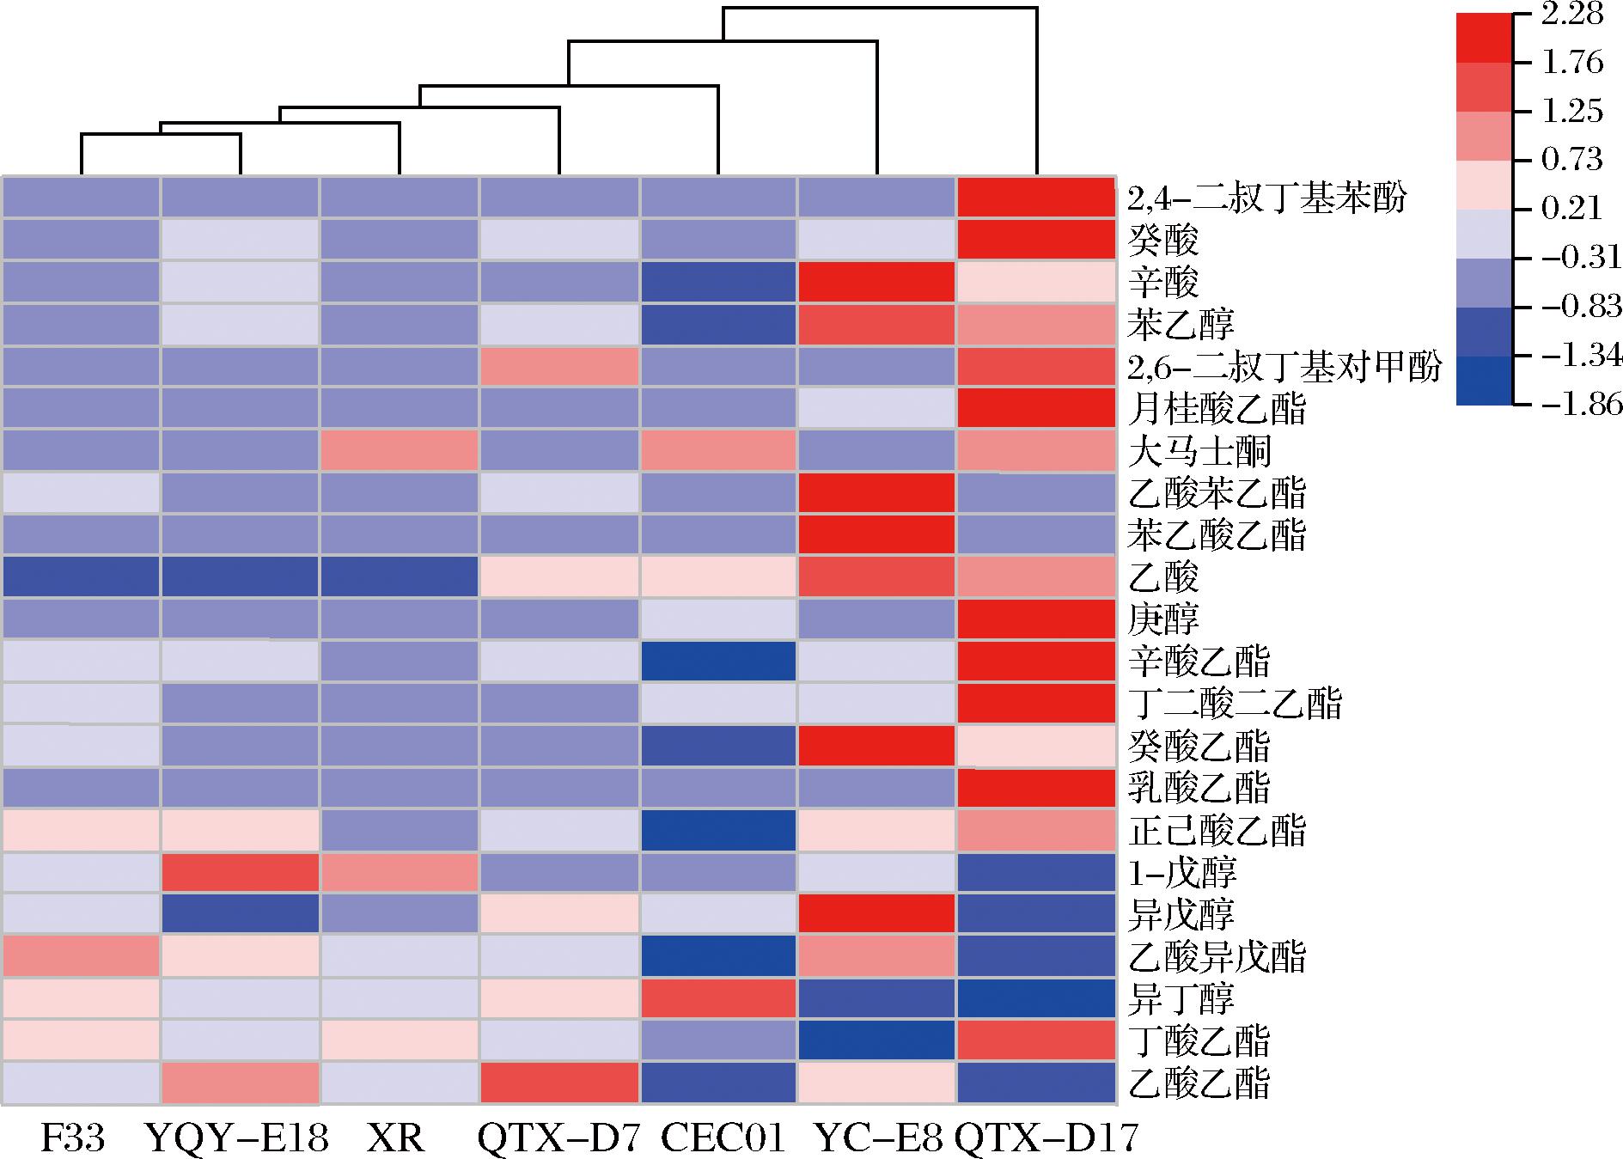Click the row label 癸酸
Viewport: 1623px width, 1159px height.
(1163, 241)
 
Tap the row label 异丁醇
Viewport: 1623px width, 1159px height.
(1181, 999)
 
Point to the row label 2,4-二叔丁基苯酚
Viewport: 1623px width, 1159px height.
(1266, 198)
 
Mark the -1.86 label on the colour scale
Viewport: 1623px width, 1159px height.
(1579, 404)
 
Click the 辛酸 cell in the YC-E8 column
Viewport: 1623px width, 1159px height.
(877, 282)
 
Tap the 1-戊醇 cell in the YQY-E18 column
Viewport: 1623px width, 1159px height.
(240, 872)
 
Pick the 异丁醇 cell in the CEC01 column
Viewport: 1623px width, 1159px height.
(718, 998)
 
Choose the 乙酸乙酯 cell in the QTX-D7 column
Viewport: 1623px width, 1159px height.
(559, 1083)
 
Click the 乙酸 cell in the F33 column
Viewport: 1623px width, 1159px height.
(81, 576)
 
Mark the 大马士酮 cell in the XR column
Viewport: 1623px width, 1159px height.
(399, 450)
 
